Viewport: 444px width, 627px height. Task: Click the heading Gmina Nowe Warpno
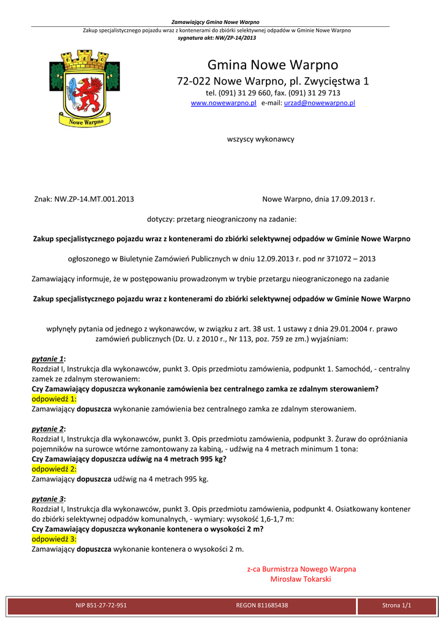[x=273, y=65]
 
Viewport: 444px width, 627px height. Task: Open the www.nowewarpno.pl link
[x=224, y=103]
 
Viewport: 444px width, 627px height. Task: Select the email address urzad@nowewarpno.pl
[x=320, y=103]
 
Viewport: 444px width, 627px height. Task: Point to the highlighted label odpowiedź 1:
[x=54, y=398]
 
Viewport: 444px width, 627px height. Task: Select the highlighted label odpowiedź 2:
[x=54, y=468]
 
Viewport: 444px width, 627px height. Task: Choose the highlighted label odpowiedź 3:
[x=54, y=539]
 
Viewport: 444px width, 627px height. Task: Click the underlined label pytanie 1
[x=48, y=359]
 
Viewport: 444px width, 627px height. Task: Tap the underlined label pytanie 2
[x=48, y=429]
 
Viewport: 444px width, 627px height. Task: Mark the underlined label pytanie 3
[x=48, y=499]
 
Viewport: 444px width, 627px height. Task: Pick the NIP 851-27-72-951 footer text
[x=101, y=606]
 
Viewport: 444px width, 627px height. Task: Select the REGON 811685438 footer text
[x=262, y=606]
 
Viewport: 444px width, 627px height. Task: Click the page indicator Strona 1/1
[x=396, y=606]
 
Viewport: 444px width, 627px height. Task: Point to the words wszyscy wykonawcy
[x=260, y=139]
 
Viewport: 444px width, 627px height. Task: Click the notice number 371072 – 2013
[x=352, y=259]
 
